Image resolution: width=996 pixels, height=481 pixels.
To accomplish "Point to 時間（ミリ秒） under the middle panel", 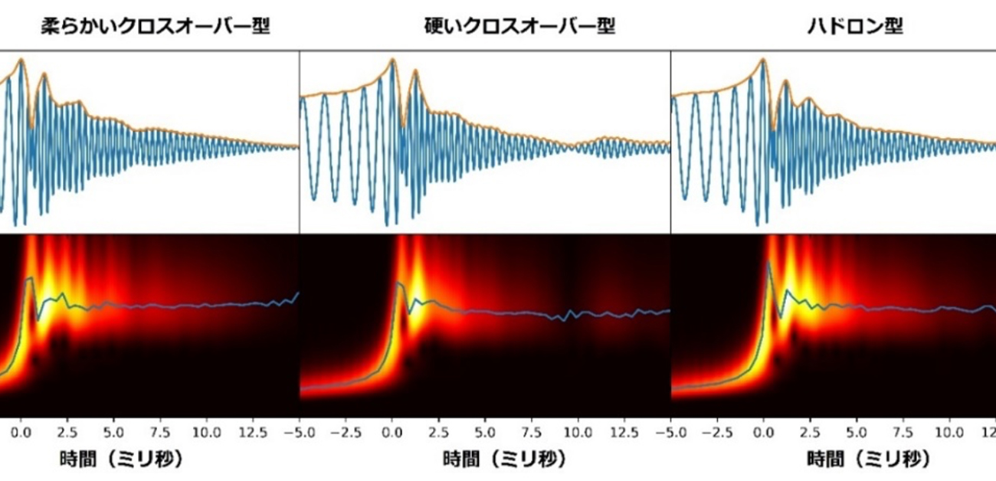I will point(504,460).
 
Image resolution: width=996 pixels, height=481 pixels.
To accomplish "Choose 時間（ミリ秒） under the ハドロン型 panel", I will point(868,460).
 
